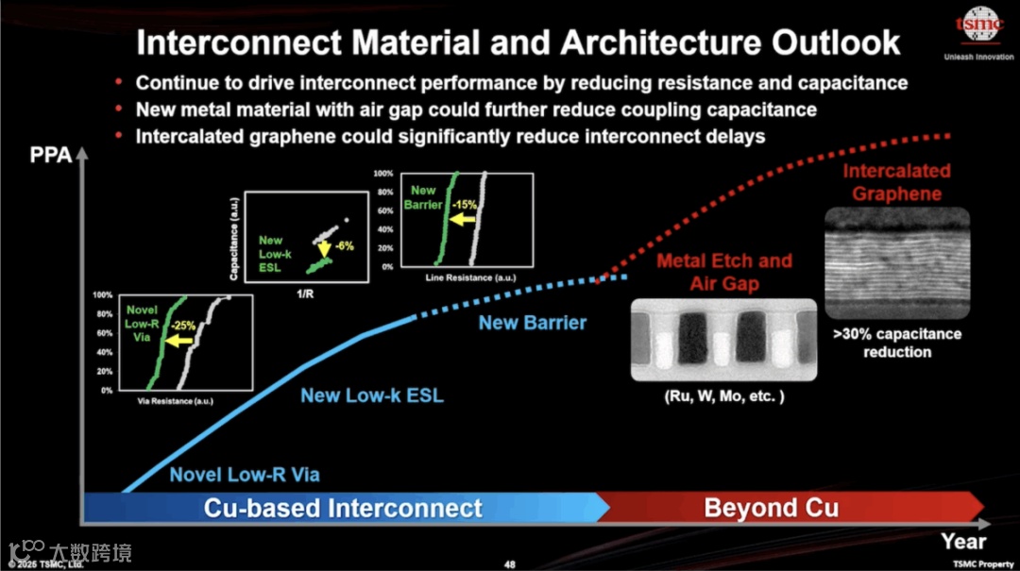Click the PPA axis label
click(x=51, y=155)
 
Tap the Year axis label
click(x=962, y=541)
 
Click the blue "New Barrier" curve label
click(x=532, y=323)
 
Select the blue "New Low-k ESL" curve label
click(x=371, y=395)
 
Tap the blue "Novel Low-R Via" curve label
click(x=245, y=475)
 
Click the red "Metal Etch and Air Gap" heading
click(x=723, y=272)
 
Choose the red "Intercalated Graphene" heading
click(x=896, y=183)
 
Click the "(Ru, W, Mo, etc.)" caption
click(x=722, y=396)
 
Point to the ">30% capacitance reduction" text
click(x=896, y=343)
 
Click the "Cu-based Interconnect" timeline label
click(x=343, y=508)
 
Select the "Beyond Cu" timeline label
click(x=771, y=508)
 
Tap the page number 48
click(x=510, y=564)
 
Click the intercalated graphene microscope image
click(x=896, y=261)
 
